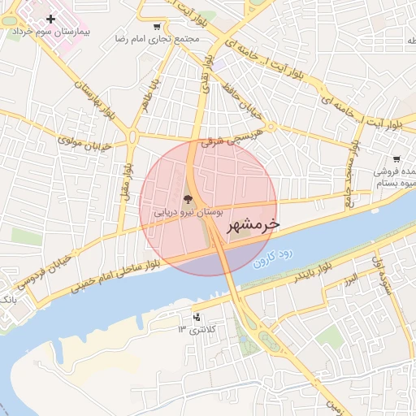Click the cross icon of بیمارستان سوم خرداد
click(51, 18)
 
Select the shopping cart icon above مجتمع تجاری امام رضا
click(157, 26)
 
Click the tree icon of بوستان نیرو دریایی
click(188, 198)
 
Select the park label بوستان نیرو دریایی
click(188, 211)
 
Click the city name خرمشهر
click(253, 223)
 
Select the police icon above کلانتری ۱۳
click(197, 317)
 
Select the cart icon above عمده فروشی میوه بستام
click(396, 159)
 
